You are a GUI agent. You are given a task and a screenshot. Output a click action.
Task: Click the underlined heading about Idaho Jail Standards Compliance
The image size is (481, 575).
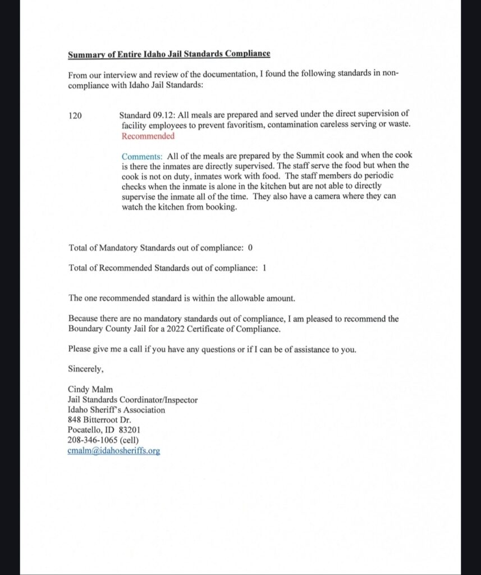pyautogui.click(x=169, y=54)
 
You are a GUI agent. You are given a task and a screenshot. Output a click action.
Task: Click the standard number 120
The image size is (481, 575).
pyautogui.click(x=75, y=116)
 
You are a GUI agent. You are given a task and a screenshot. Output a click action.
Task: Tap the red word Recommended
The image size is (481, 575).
pyautogui.click(x=148, y=136)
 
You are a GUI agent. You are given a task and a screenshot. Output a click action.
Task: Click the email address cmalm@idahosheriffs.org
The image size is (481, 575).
pyautogui.click(x=114, y=451)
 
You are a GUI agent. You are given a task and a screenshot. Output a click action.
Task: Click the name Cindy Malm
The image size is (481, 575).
pyautogui.click(x=89, y=390)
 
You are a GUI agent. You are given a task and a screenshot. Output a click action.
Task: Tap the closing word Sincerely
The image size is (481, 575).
pyautogui.click(x=86, y=369)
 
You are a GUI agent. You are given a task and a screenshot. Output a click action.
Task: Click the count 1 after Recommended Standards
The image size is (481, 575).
pyautogui.click(x=264, y=268)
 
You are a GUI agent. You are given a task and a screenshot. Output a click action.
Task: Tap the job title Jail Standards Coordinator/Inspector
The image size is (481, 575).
pyautogui.click(x=132, y=400)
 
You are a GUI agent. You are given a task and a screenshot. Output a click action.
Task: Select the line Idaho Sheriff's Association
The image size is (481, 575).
pyautogui.click(x=116, y=410)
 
